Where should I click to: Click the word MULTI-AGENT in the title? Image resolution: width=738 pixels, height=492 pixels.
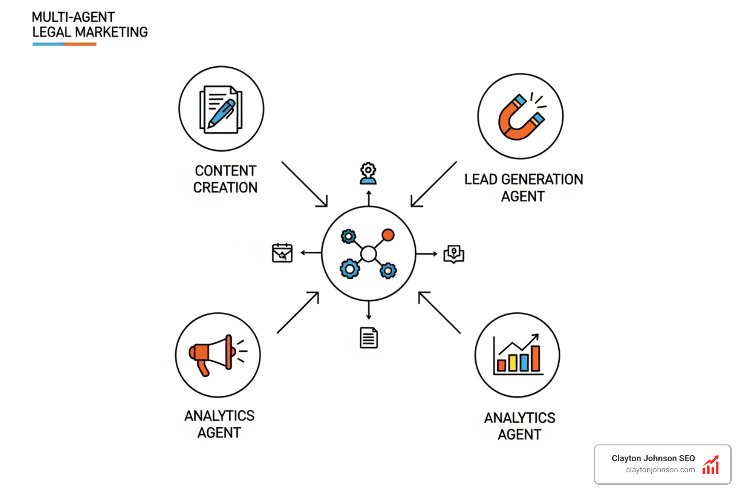tap(73, 17)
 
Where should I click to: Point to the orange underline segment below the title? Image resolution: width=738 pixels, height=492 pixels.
tap(80, 44)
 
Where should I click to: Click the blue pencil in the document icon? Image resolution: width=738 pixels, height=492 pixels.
tap(221, 113)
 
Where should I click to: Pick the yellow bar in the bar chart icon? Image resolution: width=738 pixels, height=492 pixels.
tap(513, 363)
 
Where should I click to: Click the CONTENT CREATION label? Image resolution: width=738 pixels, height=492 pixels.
tap(225, 179)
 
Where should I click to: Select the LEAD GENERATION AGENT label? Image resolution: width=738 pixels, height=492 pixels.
tap(523, 188)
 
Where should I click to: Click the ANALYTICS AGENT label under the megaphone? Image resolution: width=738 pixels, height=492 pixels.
tap(220, 424)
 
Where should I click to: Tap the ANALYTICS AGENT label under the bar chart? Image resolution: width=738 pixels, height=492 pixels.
tap(519, 426)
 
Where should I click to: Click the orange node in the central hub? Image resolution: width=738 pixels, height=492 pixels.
tap(388, 235)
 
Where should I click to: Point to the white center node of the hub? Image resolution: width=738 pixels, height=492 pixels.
tap(369, 254)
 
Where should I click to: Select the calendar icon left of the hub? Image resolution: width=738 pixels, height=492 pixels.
tap(282, 253)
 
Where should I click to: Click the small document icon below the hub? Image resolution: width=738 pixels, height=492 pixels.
tap(369, 338)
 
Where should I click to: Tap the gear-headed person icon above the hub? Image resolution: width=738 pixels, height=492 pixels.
tap(369, 174)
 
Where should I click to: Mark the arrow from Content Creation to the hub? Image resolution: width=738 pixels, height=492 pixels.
tap(304, 184)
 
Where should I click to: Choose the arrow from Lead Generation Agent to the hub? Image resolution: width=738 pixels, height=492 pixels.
tap(434, 184)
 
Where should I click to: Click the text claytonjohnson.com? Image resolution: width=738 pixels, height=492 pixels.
tap(660, 470)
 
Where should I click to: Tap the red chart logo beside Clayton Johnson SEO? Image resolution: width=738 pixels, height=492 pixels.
tap(711, 465)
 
